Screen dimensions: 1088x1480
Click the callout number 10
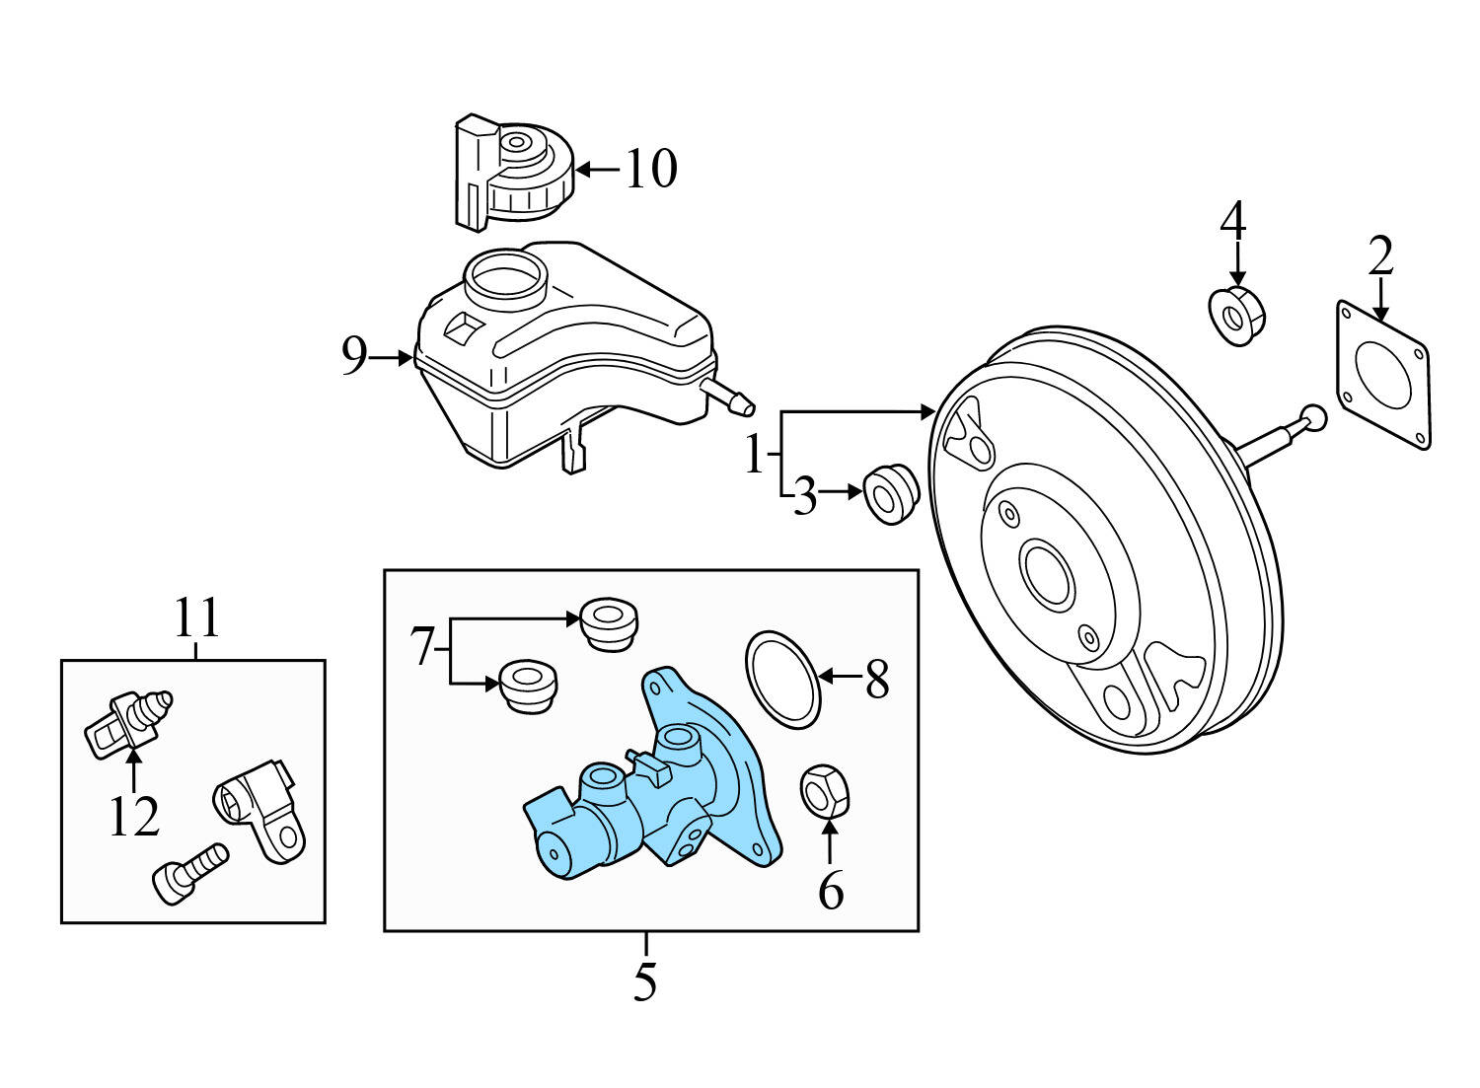click(650, 169)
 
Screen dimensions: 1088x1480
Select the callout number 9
click(354, 356)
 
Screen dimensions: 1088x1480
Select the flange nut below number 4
click(1237, 315)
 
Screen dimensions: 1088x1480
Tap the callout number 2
click(1380, 255)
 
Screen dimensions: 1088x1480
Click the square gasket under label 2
click(1383, 375)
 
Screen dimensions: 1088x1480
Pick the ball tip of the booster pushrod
click(1312, 418)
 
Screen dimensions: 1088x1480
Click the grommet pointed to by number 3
click(891, 492)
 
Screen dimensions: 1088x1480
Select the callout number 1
click(755, 456)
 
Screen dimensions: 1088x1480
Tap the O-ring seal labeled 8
click(782, 680)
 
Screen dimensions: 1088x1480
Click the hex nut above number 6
click(824, 790)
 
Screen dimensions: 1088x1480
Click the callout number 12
click(133, 817)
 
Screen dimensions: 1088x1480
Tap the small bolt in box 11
click(189, 870)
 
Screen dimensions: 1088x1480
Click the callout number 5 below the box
click(645, 981)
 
